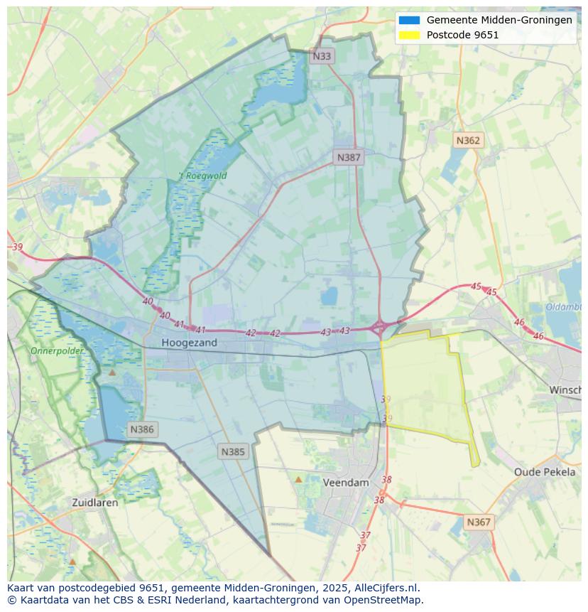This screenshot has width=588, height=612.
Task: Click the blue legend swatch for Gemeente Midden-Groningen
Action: pos(410,21)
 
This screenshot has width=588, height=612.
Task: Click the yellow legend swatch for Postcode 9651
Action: pos(410,35)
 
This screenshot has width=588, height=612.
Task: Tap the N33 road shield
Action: pos(322,55)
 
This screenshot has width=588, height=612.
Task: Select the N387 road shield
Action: pos(349,158)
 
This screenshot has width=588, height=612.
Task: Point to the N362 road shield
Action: pos(468,141)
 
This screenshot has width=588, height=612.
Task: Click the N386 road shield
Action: pos(142,429)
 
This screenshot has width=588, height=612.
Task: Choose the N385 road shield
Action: pos(233,451)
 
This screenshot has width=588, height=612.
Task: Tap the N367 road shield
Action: pos(479,522)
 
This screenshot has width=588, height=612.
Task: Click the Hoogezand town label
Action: pos(189,343)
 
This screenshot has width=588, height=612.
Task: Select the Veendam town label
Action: pos(346,483)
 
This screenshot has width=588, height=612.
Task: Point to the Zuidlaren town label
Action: pos(95,503)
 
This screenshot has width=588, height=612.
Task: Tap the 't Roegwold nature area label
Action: pos(203,176)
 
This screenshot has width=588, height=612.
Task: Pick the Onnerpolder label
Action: pos(57,351)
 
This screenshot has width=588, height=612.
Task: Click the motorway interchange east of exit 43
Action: pos(379,328)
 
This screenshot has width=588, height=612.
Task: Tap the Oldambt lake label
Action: pos(564,307)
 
